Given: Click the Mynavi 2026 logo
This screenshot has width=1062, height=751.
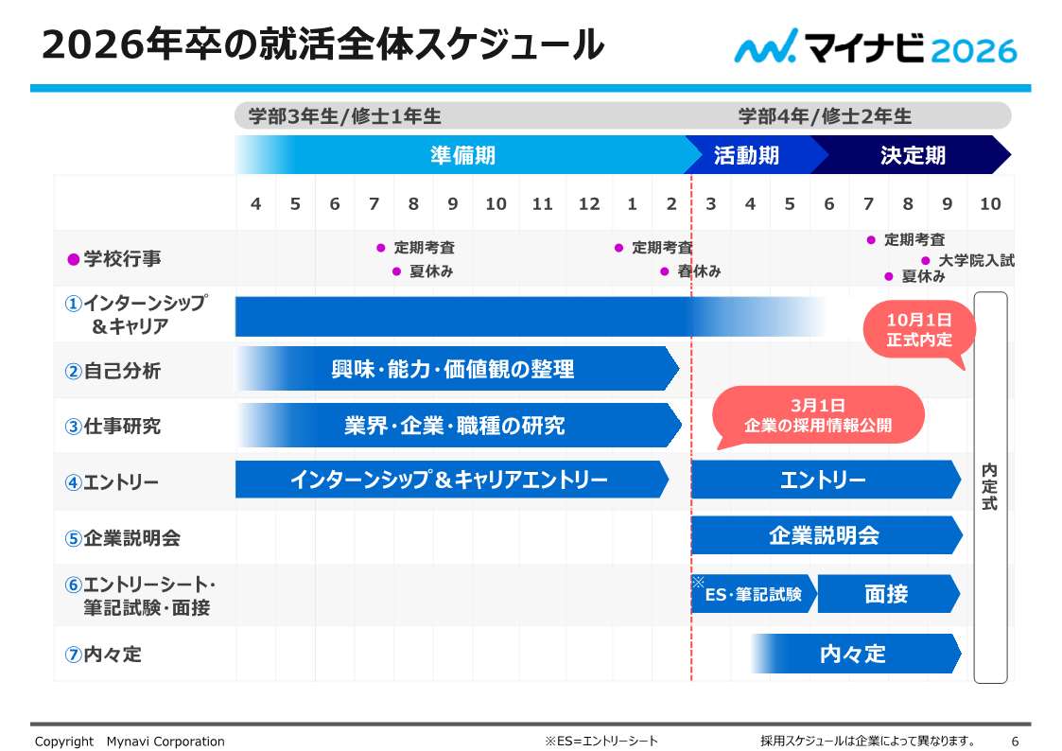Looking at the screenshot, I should pos(875,46).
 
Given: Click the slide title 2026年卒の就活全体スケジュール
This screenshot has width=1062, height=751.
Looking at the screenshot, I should pos(322,44).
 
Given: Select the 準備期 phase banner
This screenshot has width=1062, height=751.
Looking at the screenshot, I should pos(462,155).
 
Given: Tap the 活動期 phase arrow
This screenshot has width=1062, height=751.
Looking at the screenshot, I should pos(747,155).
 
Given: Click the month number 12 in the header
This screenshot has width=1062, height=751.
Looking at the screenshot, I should pos(589,203).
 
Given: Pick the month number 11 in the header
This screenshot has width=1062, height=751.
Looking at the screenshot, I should pos(542,203).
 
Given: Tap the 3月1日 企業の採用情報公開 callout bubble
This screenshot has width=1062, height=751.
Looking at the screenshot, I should pos(818,416).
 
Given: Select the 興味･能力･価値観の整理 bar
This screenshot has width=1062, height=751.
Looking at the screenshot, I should pos(453,369).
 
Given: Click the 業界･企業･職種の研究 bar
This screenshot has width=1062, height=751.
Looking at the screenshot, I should pos(455,426).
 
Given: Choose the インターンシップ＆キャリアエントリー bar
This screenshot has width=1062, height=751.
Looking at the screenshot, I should pos(449,480).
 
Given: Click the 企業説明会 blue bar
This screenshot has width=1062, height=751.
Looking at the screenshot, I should pos(824,536).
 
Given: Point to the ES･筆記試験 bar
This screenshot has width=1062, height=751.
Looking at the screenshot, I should pos(753,594).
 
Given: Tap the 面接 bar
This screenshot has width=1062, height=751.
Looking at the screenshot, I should pos(886,594).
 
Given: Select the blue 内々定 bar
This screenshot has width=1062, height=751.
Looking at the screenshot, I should pos(853,654).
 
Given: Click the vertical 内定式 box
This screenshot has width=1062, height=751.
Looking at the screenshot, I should pos(990,487).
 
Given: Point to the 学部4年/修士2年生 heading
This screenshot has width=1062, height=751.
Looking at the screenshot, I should pos(825,116).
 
